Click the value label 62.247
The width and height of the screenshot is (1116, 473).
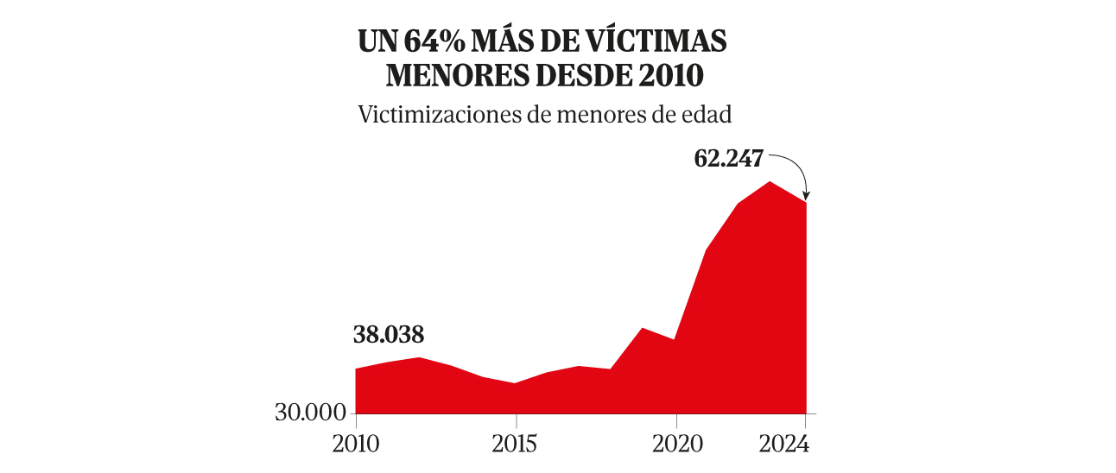pos(729,160)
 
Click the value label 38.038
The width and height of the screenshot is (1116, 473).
pos(389,335)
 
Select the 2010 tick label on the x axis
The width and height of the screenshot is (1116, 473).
pos(356,445)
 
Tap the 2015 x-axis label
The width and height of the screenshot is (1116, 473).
pos(516,445)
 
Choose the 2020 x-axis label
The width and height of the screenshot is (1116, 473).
pos(675,445)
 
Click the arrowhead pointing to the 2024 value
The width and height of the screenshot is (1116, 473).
pos(806,196)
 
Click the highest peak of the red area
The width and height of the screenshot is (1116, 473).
pos(770,182)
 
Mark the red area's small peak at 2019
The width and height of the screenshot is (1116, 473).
pos(643,329)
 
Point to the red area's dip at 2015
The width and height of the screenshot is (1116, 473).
pos(516,384)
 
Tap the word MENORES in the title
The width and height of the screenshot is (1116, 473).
pos(445,76)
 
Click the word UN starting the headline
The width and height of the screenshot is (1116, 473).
pos(377,41)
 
